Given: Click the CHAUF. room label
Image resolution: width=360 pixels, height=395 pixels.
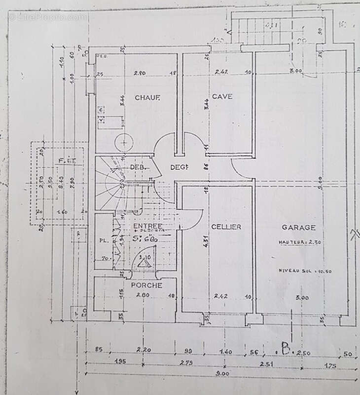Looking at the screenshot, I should click(x=147, y=98).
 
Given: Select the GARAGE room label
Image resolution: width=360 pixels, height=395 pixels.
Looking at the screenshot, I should click(x=298, y=227).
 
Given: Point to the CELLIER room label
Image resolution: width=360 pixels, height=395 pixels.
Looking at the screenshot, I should click(x=226, y=227).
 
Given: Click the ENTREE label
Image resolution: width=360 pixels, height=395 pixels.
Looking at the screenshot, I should click(x=147, y=226).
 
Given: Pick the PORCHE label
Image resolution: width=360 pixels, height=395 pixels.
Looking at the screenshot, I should click(x=146, y=285).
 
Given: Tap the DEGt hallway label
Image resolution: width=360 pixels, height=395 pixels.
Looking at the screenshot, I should click(x=180, y=167).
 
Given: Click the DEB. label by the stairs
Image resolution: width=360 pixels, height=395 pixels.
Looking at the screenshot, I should click(x=137, y=167).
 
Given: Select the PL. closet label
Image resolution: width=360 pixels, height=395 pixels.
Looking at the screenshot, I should click(x=103, y=241).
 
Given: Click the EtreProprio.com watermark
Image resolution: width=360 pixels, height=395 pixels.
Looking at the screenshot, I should click(x=47, y=16).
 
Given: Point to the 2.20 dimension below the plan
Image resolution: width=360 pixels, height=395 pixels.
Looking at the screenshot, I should click(x=144, y=350).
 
